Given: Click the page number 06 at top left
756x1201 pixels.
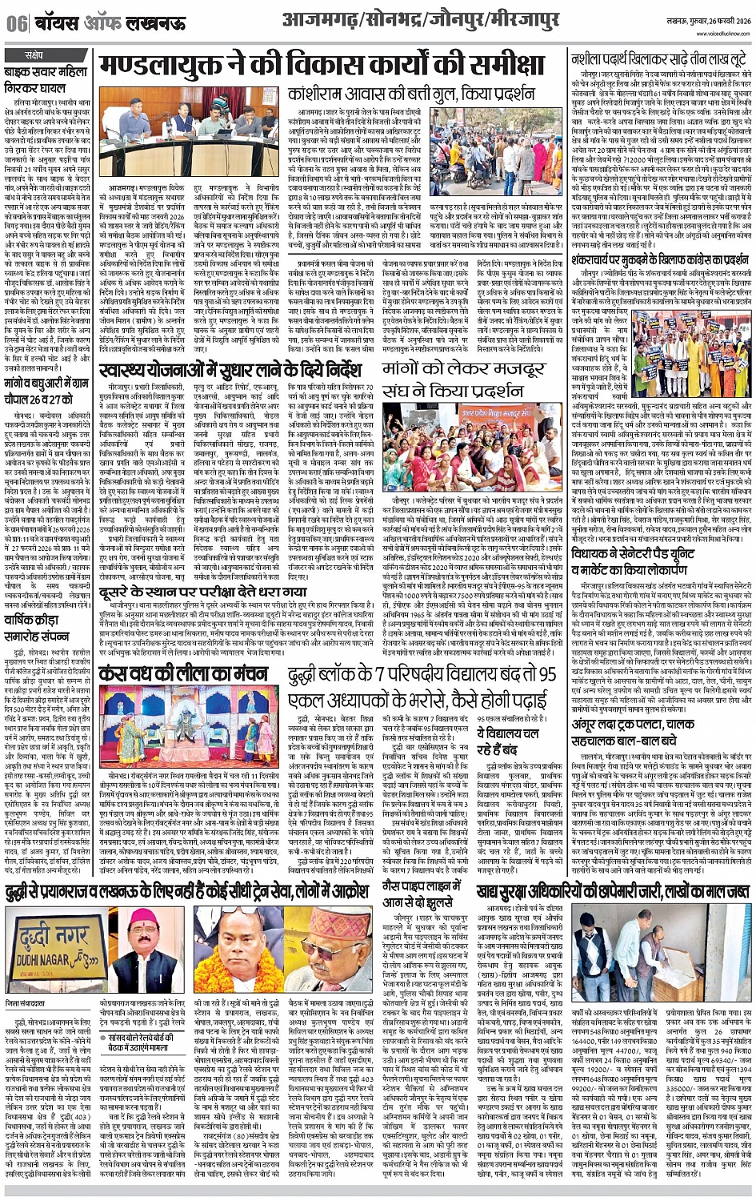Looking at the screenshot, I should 15,25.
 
